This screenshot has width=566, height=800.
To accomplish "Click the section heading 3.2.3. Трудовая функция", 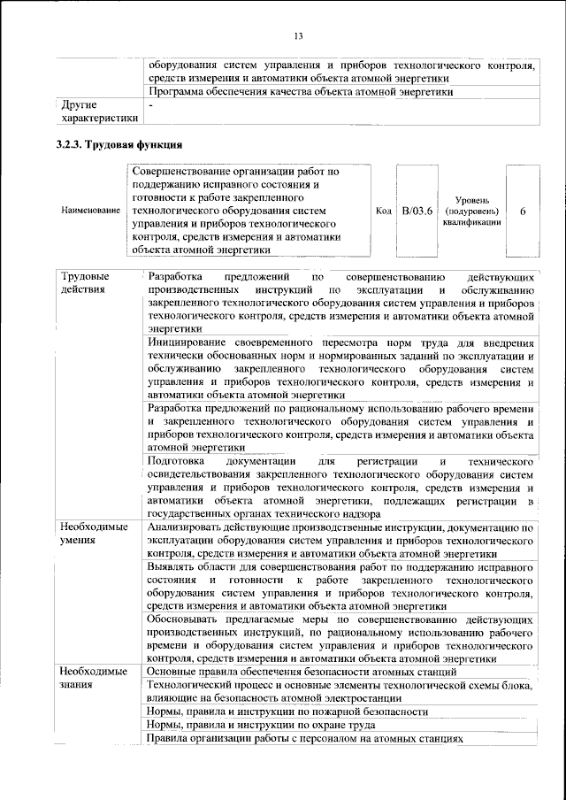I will [x=119, y=144].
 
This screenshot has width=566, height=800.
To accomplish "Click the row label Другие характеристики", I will [x=95, y=112].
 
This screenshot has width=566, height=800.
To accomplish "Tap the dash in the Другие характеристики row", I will [x=151, y=105].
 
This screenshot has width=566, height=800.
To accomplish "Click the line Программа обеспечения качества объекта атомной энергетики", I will [x=301, y=91].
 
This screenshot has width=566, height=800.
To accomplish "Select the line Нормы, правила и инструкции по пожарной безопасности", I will [x=287, y=712].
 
